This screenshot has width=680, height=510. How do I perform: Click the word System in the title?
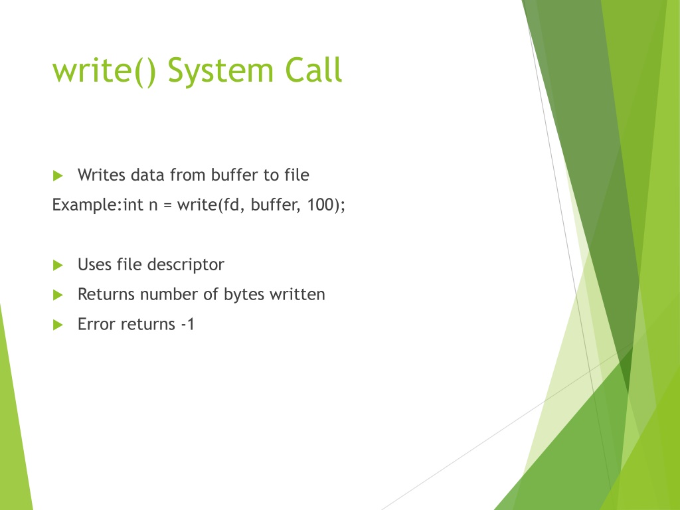point(220,71)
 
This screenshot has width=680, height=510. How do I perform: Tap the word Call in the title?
point(313,69)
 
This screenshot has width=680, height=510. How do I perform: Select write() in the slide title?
point(104,71)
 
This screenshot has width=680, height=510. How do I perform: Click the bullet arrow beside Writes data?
point(58,175)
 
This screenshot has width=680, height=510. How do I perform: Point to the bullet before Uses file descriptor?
point(58,265)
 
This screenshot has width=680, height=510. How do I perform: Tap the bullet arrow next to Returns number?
point(58,295)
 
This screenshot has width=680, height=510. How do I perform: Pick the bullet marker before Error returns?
point(58,325)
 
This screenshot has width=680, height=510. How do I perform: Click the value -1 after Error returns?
point(188,324)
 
